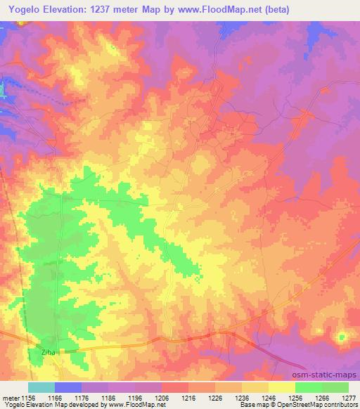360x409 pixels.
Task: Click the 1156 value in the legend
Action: click(x=28, y=398)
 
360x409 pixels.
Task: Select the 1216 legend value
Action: click(x=188, y=398)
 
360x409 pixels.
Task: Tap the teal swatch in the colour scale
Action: click(x=41, y=387)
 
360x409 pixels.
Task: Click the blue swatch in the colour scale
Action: click(x=68, y=387)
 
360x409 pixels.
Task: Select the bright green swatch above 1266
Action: click(x=309, y=387)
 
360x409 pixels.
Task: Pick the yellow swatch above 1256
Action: click(x=282, y=387)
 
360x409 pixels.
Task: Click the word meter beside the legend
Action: click(x=11, y=398)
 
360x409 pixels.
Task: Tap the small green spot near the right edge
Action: click(x=342, y=337)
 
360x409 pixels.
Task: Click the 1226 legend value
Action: click(x=215, y=398)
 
